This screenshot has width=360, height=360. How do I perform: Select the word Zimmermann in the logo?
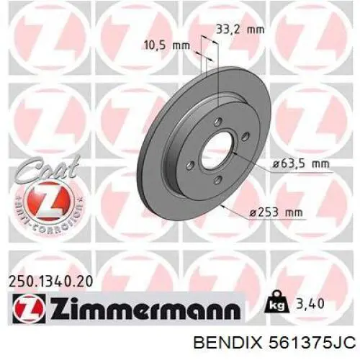[143, 310]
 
